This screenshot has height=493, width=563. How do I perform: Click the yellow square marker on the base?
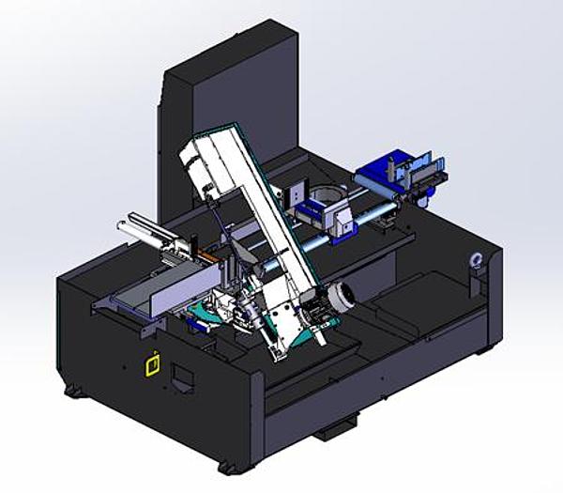pos(149,362)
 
